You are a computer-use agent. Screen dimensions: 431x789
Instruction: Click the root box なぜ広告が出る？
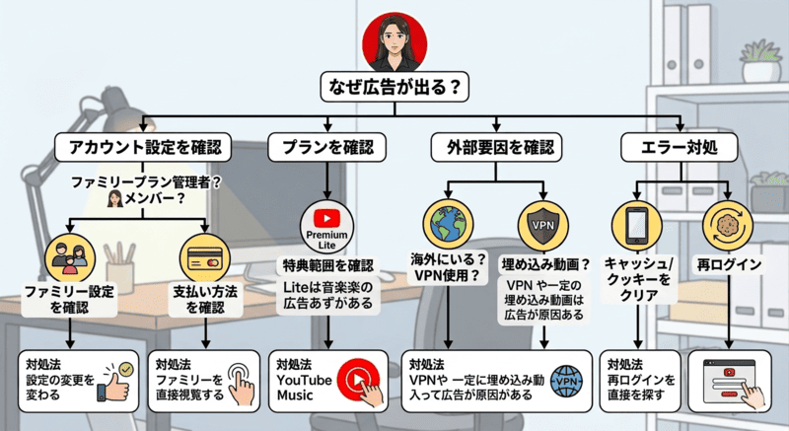pos(394,88)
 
